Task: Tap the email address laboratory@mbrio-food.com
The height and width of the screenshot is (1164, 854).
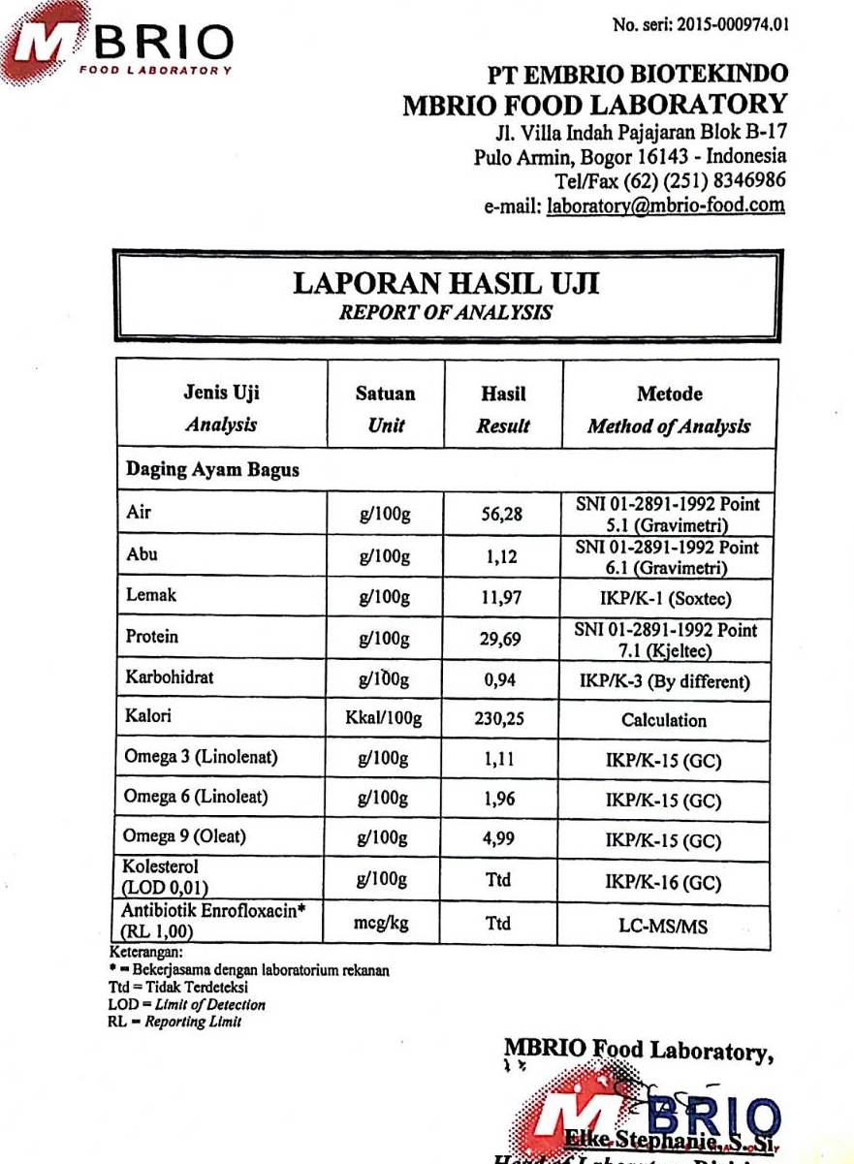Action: point(666,205)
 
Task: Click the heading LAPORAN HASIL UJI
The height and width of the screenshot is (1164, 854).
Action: point(446,283)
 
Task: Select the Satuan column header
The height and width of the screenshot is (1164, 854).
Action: point(385,394)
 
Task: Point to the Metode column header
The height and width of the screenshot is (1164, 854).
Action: point(669,394)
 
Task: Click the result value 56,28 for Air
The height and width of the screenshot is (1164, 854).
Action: point(502,514)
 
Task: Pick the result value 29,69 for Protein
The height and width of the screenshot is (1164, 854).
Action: point(502,639)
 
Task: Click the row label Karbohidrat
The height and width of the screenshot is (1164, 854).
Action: point(170,677)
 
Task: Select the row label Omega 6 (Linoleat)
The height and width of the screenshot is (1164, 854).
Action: point(196,797)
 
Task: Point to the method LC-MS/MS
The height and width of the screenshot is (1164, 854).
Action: point(664,927)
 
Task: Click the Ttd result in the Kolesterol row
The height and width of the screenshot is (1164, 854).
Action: point(498,881)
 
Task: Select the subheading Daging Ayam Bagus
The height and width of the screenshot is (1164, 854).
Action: point(212,470)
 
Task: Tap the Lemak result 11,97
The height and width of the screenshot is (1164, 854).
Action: point(502,598)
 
